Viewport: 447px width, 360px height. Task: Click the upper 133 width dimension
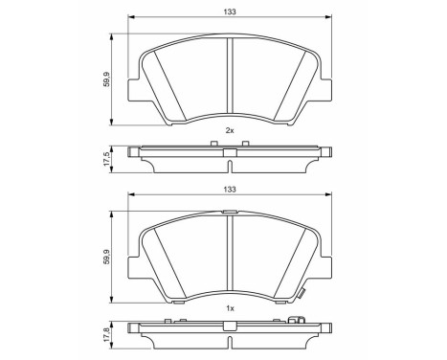coord(229,12)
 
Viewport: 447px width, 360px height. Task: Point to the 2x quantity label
coord(229,129)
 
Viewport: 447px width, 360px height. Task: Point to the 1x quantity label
coord(229,308)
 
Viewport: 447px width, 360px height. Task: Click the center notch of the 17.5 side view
coord(229,151)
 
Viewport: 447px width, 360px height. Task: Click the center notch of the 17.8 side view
coord(229,328)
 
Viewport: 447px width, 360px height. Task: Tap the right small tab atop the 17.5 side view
coord(246,144)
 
